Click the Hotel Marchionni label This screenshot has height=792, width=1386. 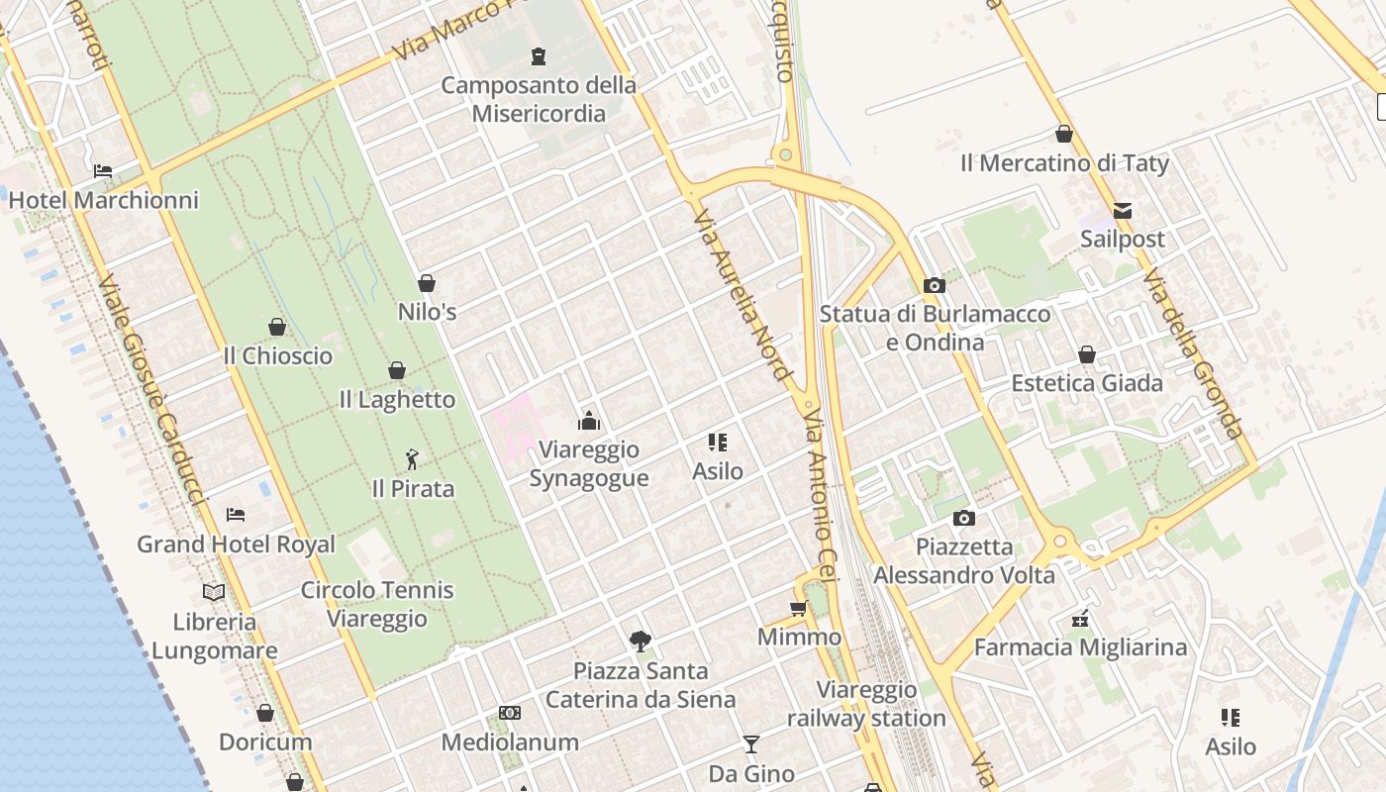[104, 200]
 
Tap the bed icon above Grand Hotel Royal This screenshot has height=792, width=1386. [236, 514]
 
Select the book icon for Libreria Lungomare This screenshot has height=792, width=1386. [214, 592]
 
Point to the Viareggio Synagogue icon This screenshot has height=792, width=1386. [589, 421]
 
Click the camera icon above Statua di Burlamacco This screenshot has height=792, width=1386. [934, 285]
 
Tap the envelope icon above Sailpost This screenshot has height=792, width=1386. [1123, 210]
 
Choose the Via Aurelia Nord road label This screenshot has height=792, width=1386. [742, 294]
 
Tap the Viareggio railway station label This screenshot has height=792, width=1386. [866, 704]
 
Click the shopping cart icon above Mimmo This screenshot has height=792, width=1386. [799, 608]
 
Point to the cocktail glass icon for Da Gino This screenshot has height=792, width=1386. [751, 743]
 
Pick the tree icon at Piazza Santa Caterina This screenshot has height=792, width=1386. [641, 641]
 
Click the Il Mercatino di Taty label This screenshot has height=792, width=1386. [1064, 163]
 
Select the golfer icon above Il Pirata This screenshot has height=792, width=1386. [413, 459]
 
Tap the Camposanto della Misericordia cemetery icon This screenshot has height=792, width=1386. [539, 55]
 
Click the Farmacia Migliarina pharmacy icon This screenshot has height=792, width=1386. [1080, 619]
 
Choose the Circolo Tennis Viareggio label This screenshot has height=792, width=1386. [377, 604]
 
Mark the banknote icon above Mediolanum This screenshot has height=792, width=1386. [510, 713]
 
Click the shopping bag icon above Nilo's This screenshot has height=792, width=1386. [427, 283]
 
